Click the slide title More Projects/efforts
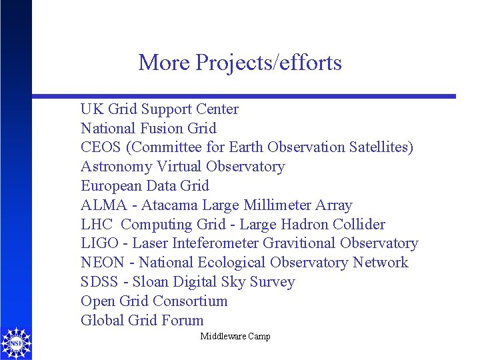click(240, 63)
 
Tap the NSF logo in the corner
click(15, 343)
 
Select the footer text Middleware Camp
click(235, 337)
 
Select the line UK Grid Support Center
click(159, 109)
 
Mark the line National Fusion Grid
click(149, 128)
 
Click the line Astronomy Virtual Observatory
click(183, 167)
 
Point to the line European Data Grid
click(145, 186)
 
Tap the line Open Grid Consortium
click(154, 301)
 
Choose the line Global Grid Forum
click(142, 321)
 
